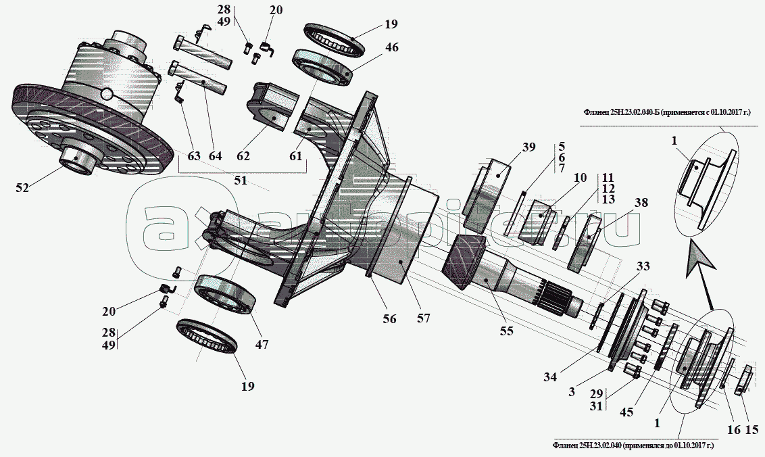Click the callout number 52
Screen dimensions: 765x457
click(22, 187)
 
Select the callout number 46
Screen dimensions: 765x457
click(392, 47)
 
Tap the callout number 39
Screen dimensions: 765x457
click(528, 147)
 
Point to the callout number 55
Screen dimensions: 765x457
click(506, 331)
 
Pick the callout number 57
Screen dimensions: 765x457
click(424, 318)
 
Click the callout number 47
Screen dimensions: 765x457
click(262, 344)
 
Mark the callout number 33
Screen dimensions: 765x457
click(643, 266)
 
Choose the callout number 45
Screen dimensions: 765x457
click(626, 412)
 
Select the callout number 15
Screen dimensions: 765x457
click(752, 430)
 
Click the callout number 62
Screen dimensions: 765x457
click(243, 155)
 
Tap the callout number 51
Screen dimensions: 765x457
click(241, 180)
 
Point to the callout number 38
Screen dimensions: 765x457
click(641, 202)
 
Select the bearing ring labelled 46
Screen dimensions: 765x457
click(322, 67)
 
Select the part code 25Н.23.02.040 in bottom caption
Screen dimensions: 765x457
click(600, 446)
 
